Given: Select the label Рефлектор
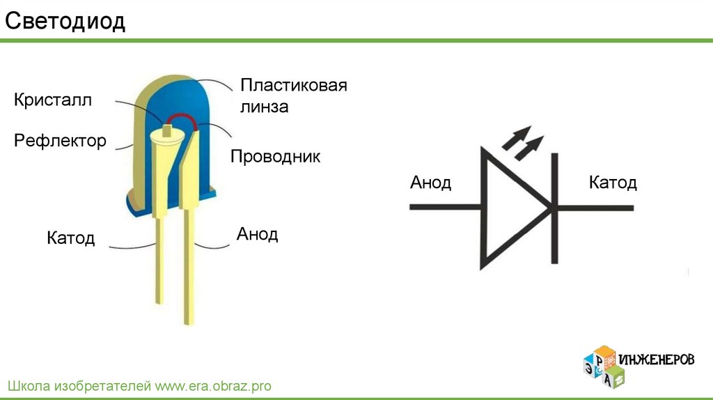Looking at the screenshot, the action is (x=60, y=141).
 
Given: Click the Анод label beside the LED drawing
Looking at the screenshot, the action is (x=257, y=233).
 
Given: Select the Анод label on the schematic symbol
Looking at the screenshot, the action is (x=430, y=183).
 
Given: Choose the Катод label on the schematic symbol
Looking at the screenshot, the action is (x=613, y=183).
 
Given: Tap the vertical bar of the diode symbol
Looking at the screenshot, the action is (x=555, y=208).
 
